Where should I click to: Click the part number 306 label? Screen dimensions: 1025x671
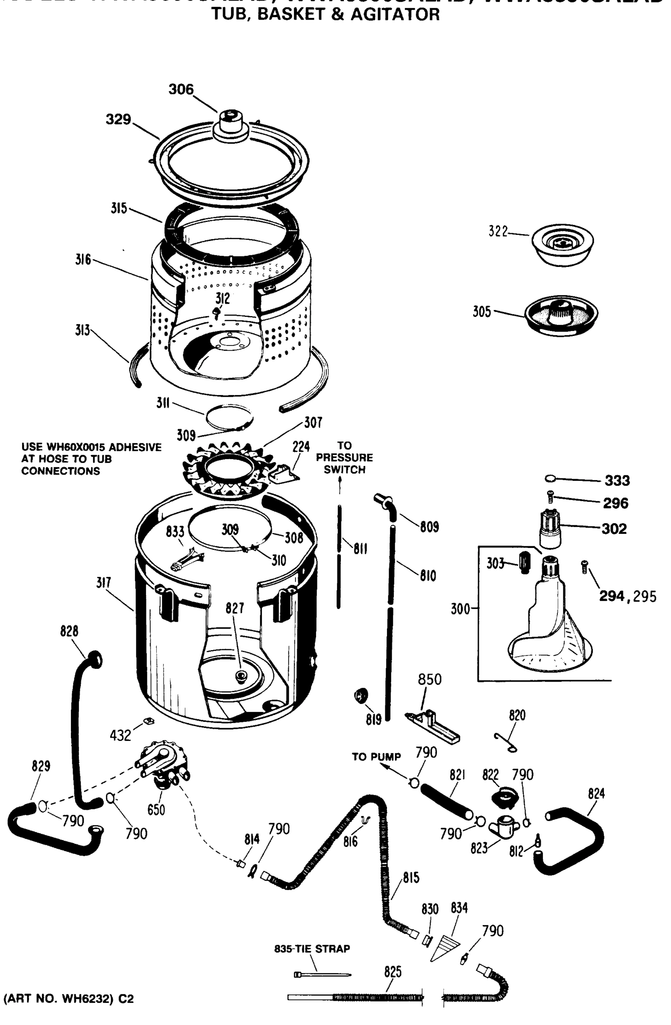(x=181, y=90)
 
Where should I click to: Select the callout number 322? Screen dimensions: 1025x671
(x=498, y=231)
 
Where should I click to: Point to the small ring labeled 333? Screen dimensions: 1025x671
(x=550, y=478)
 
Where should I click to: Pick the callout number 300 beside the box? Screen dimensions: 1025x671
(x=460, y=609)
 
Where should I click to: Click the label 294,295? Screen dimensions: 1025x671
(x=627, y=597)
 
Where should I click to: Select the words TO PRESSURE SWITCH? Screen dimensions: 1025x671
(x=344, y=458)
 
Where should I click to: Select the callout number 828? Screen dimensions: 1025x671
(x=69, y=631)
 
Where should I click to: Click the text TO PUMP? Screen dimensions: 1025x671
(x=376, y=757)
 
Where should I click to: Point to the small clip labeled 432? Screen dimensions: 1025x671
(x=149, y=720)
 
